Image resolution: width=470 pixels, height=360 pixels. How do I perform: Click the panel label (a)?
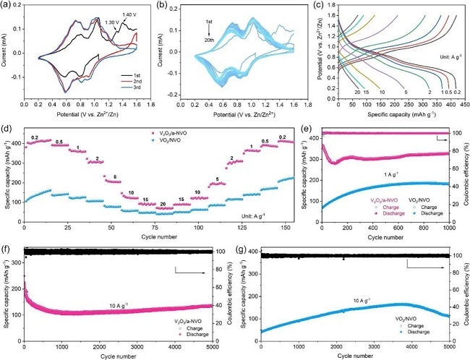pos(8,7)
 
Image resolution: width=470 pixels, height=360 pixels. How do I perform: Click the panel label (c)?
pos(322,7)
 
